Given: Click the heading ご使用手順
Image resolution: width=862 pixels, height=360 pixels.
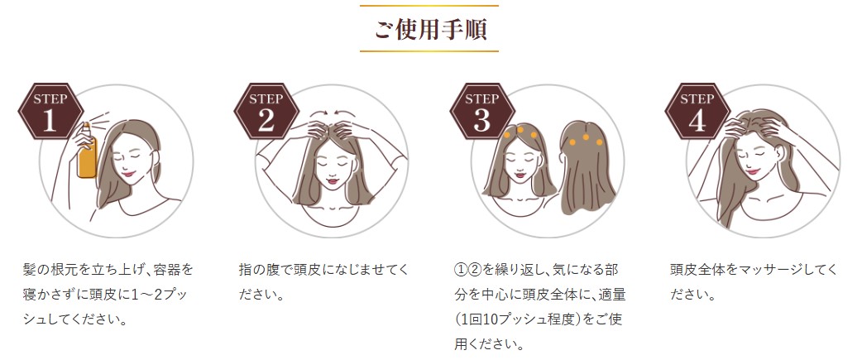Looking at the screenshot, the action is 430,29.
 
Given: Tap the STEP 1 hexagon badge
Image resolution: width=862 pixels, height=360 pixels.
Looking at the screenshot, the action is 50,111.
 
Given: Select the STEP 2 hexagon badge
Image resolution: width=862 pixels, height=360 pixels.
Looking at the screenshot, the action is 266,111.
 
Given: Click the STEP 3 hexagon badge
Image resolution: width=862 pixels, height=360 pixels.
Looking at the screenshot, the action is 481,111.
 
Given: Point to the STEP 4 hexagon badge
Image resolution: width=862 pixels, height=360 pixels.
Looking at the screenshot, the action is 697,111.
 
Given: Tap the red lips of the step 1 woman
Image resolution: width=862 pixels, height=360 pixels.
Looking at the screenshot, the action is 128,173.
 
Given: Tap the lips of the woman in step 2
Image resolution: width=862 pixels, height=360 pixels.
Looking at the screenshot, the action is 332,180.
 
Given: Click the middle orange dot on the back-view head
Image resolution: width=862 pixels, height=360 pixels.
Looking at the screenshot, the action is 586,137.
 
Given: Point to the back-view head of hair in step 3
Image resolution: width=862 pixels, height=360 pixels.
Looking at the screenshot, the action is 586,165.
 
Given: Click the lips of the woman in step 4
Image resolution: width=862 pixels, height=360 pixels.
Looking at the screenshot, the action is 752,170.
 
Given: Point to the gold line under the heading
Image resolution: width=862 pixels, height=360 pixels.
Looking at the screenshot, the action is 429,51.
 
